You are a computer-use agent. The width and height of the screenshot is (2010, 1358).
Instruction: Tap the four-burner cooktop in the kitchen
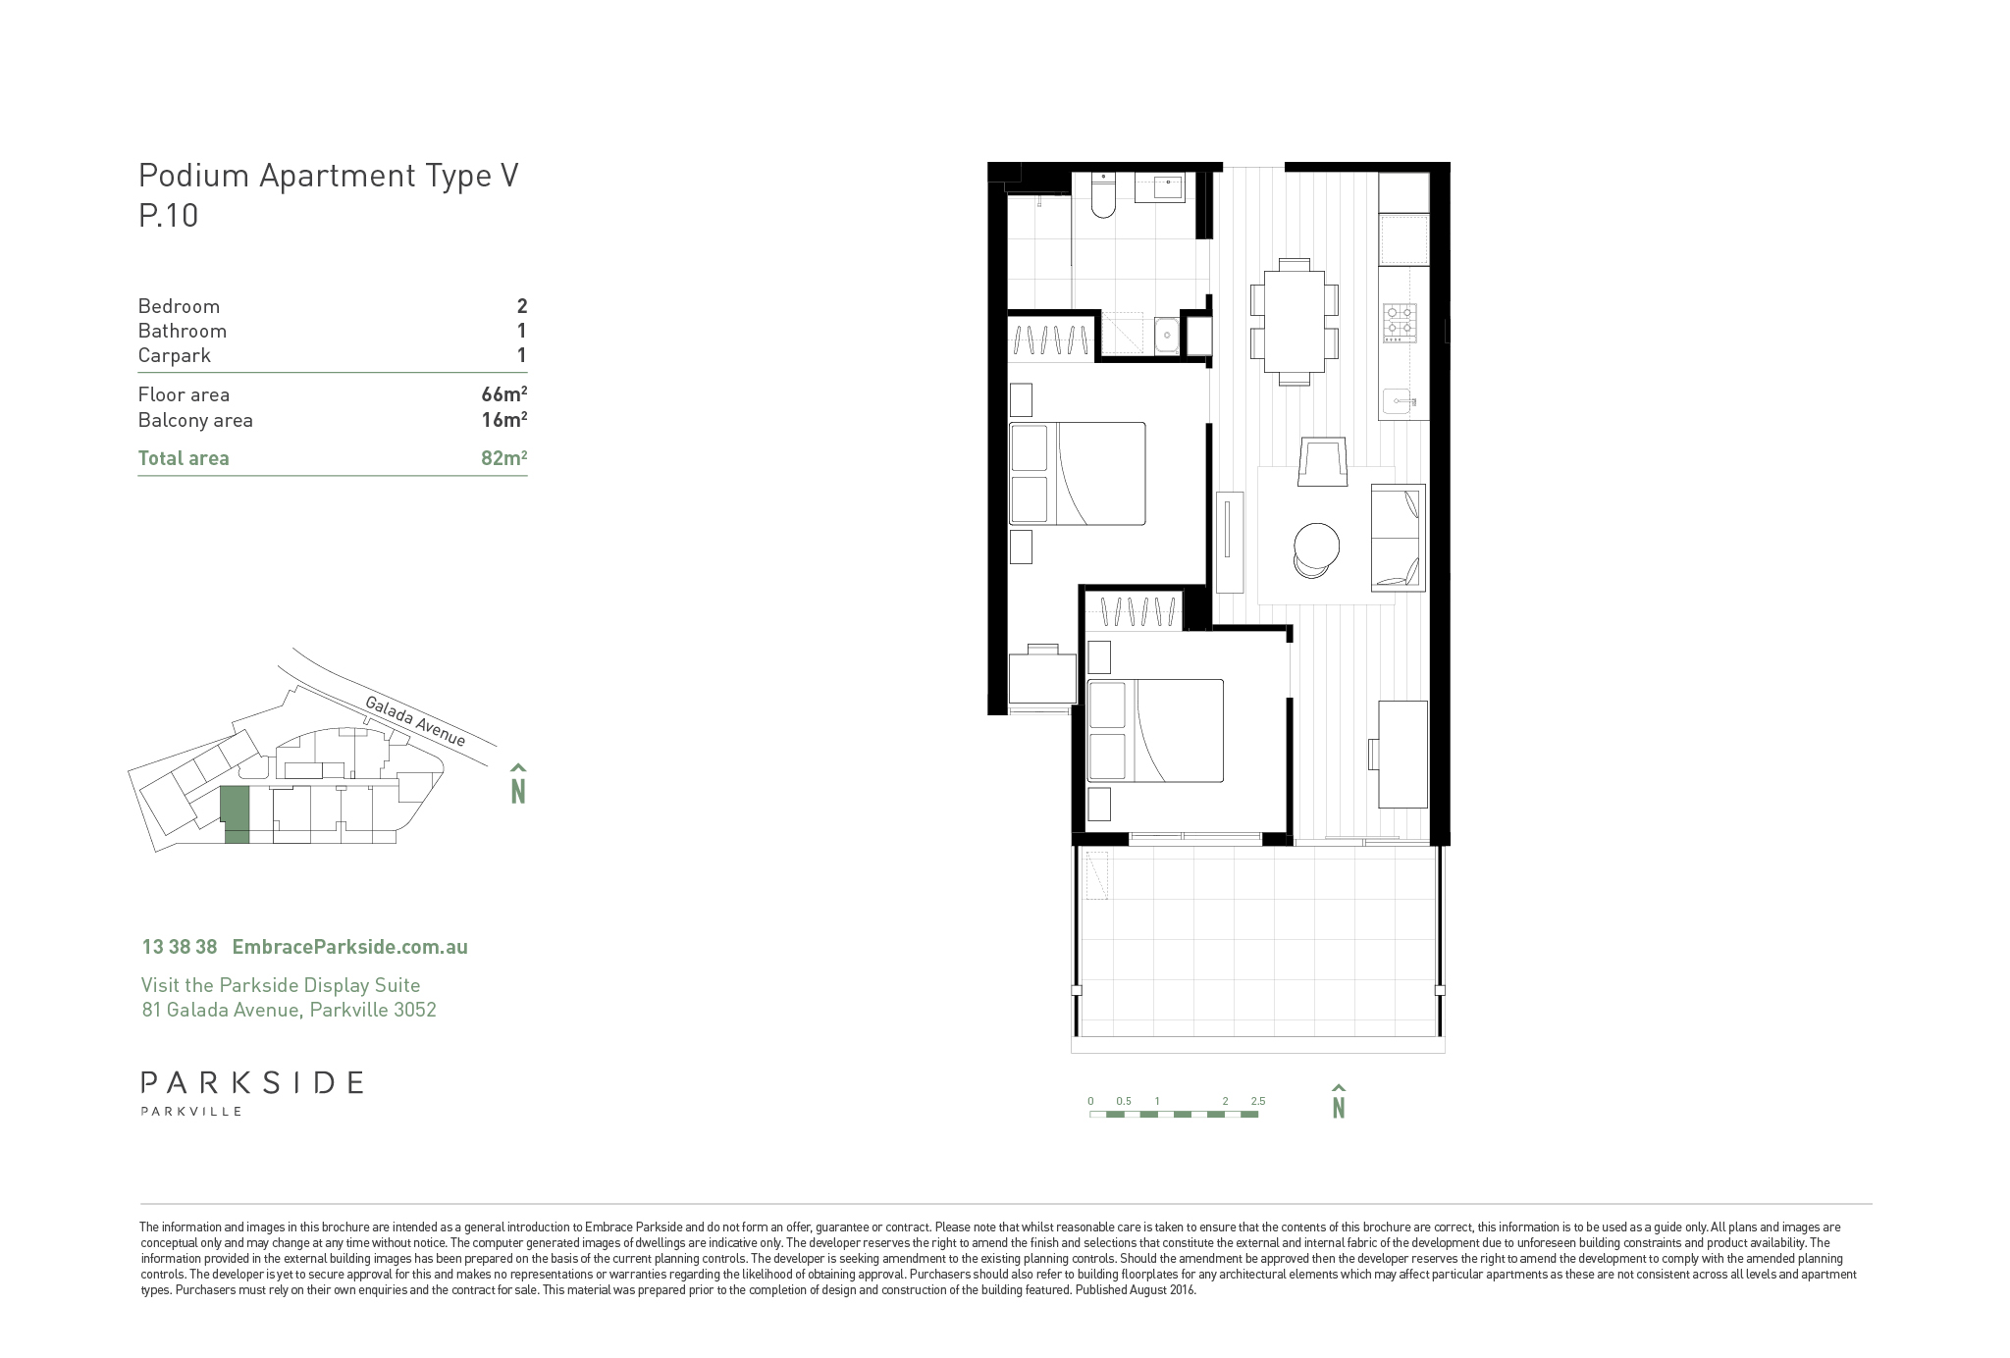(1400, 323)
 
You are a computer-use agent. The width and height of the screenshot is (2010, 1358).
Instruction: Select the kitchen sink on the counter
(1400, 401)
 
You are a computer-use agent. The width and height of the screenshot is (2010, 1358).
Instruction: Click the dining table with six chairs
(1294, 322)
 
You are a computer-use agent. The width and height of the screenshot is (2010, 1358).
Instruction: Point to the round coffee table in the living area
(1316, 546)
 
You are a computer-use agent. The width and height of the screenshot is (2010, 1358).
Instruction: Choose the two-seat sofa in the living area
(1398, 537)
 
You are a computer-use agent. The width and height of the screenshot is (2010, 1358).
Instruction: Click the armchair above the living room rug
(1323, 461)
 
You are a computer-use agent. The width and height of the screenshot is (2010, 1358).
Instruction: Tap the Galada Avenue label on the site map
(415, 720)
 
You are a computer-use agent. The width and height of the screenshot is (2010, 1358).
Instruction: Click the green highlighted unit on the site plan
(235, 813)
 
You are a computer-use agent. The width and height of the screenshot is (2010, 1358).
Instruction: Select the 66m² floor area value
(504, 394)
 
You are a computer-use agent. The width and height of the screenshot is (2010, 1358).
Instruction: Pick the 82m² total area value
(504, 458)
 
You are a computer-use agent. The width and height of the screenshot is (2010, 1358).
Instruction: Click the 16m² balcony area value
(504, 420)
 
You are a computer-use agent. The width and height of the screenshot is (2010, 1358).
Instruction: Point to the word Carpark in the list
(175, 355)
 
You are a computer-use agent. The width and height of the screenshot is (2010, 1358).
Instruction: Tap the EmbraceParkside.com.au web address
(349, 947)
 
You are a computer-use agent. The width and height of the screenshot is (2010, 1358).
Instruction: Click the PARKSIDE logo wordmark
(252, 1083)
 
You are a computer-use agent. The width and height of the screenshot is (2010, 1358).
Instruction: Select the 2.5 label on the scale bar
(1258, 1101)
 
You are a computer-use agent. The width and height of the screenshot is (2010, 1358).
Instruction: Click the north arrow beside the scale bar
(1338, 1101)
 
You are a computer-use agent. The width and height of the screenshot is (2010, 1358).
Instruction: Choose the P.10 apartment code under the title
(169, 215)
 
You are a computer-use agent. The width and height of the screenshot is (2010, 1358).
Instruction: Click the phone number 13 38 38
(180, 947)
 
